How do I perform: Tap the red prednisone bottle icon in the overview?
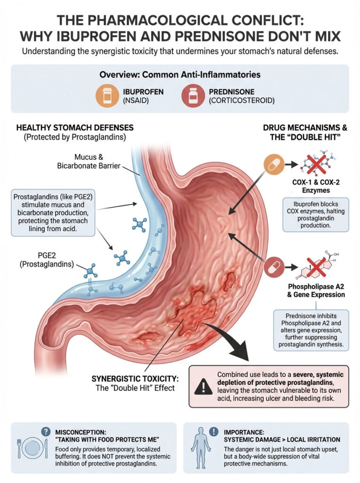[x=192, y=96]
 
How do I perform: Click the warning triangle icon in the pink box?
[x=204, y=387]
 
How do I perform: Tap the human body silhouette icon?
[x=201, y=448]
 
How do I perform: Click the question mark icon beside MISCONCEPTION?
[x=46, y=431]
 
